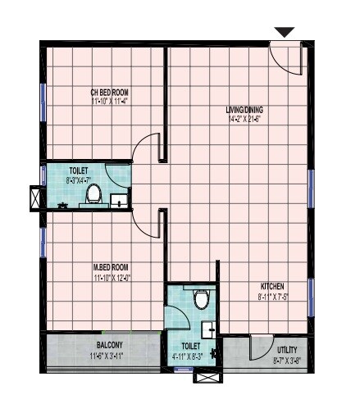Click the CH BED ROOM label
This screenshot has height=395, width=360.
(x=109, y=92)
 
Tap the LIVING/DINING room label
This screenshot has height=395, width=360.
(x=244, y=109)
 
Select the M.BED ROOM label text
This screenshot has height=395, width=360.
(x=111, y=267)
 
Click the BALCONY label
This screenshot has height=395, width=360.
(x=109, y=345)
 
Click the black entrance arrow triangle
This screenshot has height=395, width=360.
(x=284, y=32)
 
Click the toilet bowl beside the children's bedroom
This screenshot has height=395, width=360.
(x=93, y=194)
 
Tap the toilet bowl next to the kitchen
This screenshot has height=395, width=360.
(x=202, y=298)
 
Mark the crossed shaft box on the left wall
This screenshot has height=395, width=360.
(x=37, y=198)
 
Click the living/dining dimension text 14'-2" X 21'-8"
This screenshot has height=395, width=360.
(x=244, y=119)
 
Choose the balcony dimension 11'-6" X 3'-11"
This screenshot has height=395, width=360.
(x=109, y=356)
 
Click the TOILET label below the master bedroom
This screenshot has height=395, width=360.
(x=190, y=346)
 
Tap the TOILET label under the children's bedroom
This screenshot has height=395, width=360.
(x=80, y=171)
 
